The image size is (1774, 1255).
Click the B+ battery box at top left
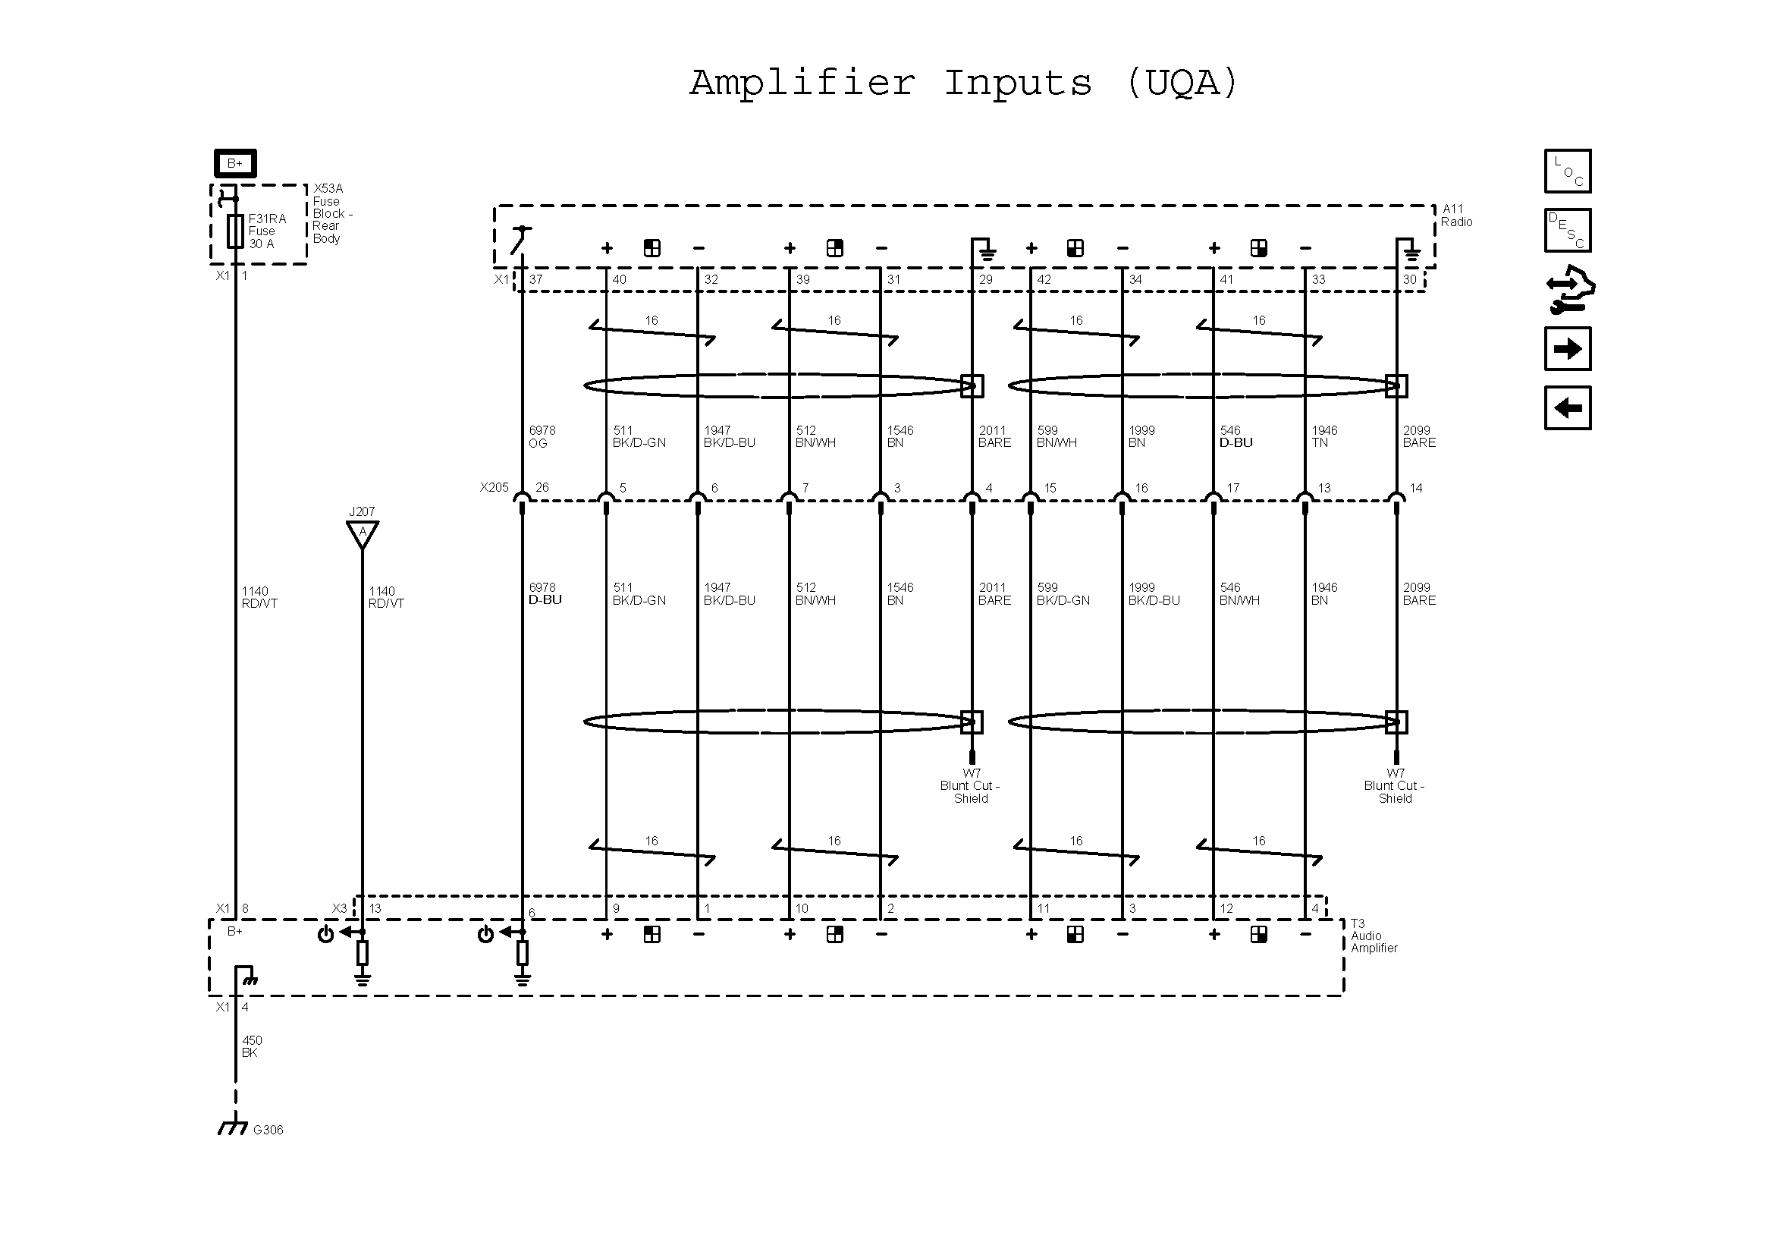(235, 164)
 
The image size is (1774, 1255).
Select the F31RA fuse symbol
(235, 231)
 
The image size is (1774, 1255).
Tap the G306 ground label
(267, 1130)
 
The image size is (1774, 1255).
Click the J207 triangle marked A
(362, 533)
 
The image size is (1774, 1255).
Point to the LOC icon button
(1568, 171)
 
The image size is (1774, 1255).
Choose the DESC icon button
(1568, 231)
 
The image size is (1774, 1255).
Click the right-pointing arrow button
(1568, 348)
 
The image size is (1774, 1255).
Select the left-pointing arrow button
(1568, 407)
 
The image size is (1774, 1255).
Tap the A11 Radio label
(1456, 215)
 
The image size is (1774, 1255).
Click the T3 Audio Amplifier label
(1374, 936)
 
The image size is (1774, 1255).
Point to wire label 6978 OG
(542, 436)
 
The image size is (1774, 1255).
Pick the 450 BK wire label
(252, 1046)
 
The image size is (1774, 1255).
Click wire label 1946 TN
(1324, 436)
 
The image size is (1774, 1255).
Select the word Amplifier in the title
(802, 83)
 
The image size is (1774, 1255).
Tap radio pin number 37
(535, 280)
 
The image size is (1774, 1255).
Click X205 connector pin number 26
(542, 488)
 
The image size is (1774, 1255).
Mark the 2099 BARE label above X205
(1418, 436)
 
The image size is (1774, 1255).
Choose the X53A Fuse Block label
(331, 213)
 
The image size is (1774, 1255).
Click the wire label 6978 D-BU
(545, 593)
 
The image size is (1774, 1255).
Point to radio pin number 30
(1409, 280)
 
